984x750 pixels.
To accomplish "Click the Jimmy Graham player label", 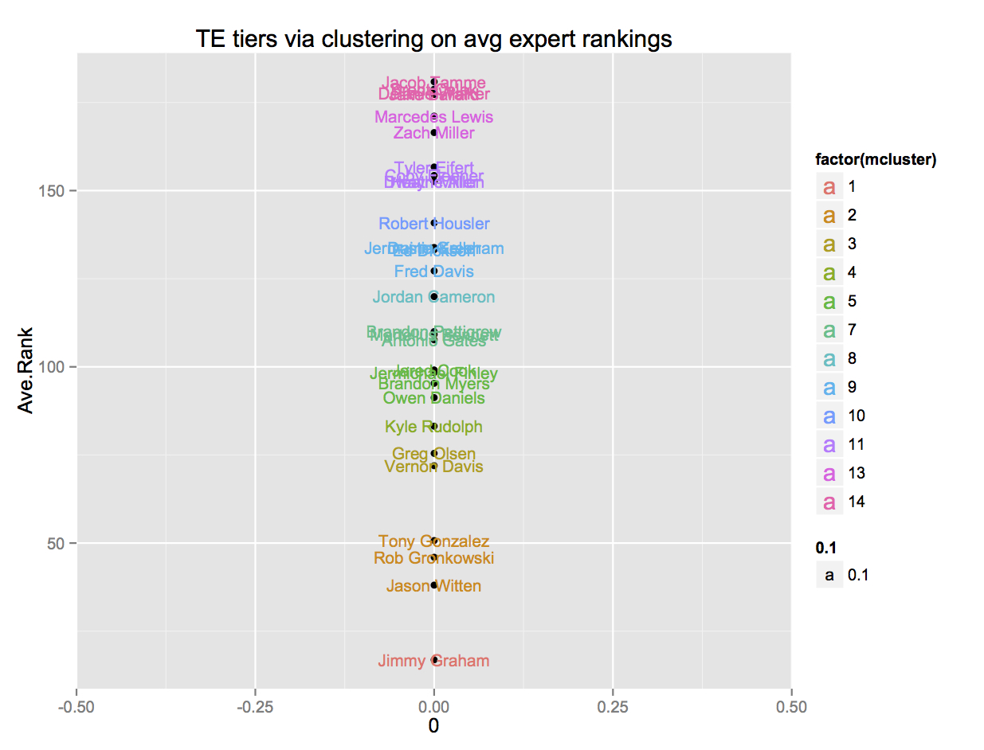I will pyautogui.click(x=433, y=661).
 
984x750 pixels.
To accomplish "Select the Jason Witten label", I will pyautogui.click(x=433, y=587).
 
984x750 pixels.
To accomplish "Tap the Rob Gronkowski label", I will pyautogui.click(x=433, y=558).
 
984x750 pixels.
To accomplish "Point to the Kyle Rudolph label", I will pyautogui.click(x=433, y=428).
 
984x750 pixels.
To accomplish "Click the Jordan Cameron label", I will pyautogui.click(x=433, y=298).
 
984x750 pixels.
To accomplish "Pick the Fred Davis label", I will pyautogui.click(x=433, y=272).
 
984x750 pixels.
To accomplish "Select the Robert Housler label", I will pyautogui.click(x=433, y=225).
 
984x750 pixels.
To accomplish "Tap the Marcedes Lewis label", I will pyautogui.click(x=433, y=118).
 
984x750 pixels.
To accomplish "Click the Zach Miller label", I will pyautogui.click(x=433, y=134).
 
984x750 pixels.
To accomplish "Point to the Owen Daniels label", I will pyautogui.click(x=433, y=398).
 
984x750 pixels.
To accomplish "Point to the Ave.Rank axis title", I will pyautogui.click(x=26, y=370).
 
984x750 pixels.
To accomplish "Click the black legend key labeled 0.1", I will pyautogui.click(x=829, y=575).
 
